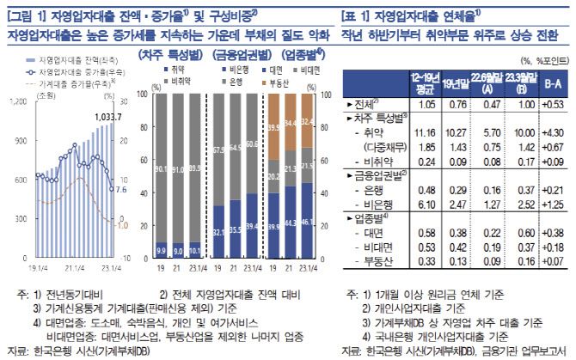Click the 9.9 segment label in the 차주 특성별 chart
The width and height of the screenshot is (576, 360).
(159, 250)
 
